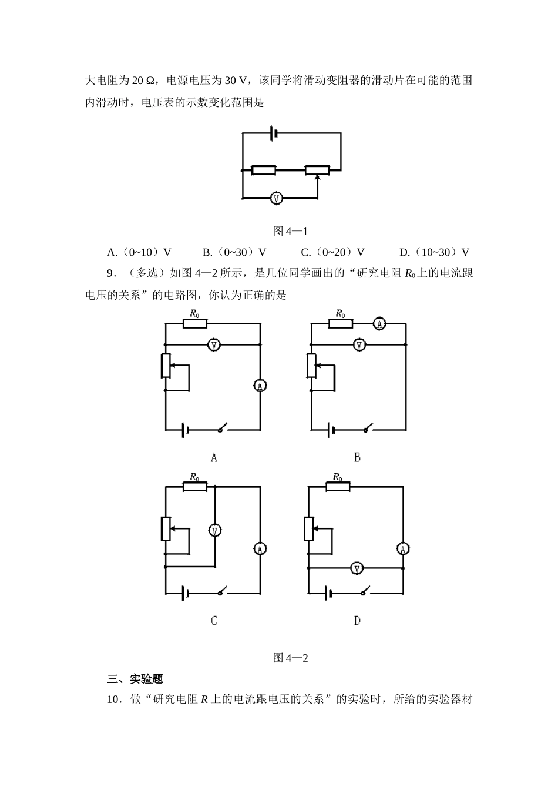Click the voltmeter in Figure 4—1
pos(276,199)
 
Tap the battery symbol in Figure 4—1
pos(274,133)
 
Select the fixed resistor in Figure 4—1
pos(263,170)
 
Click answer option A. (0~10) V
pos(139,252)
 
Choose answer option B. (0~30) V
pos(234,252)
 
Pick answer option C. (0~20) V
pos(332,252)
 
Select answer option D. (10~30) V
pos(434,252)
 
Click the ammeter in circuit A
pos(260,386)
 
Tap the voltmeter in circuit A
pos(214,344)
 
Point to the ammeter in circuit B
pos(379,323)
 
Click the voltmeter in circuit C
pos(215,530)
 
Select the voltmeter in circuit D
pos(357,568)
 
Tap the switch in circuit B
pos(368,427)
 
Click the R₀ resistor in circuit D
pos(338,487)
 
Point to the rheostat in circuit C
pos(166,528)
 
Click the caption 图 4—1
pos(291,232)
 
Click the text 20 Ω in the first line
pos(143,81)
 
